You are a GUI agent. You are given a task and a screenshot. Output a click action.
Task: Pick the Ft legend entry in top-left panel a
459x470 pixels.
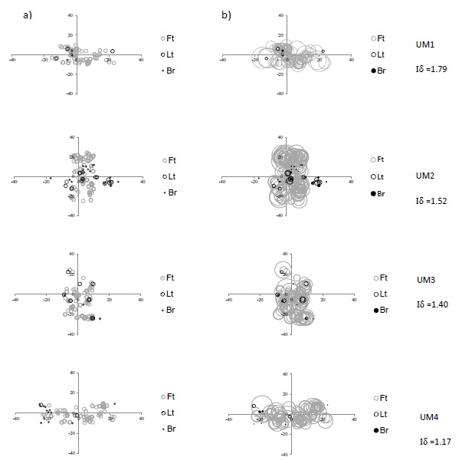coord(168,38)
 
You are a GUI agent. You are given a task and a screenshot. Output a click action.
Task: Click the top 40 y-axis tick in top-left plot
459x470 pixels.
coord(70,15)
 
